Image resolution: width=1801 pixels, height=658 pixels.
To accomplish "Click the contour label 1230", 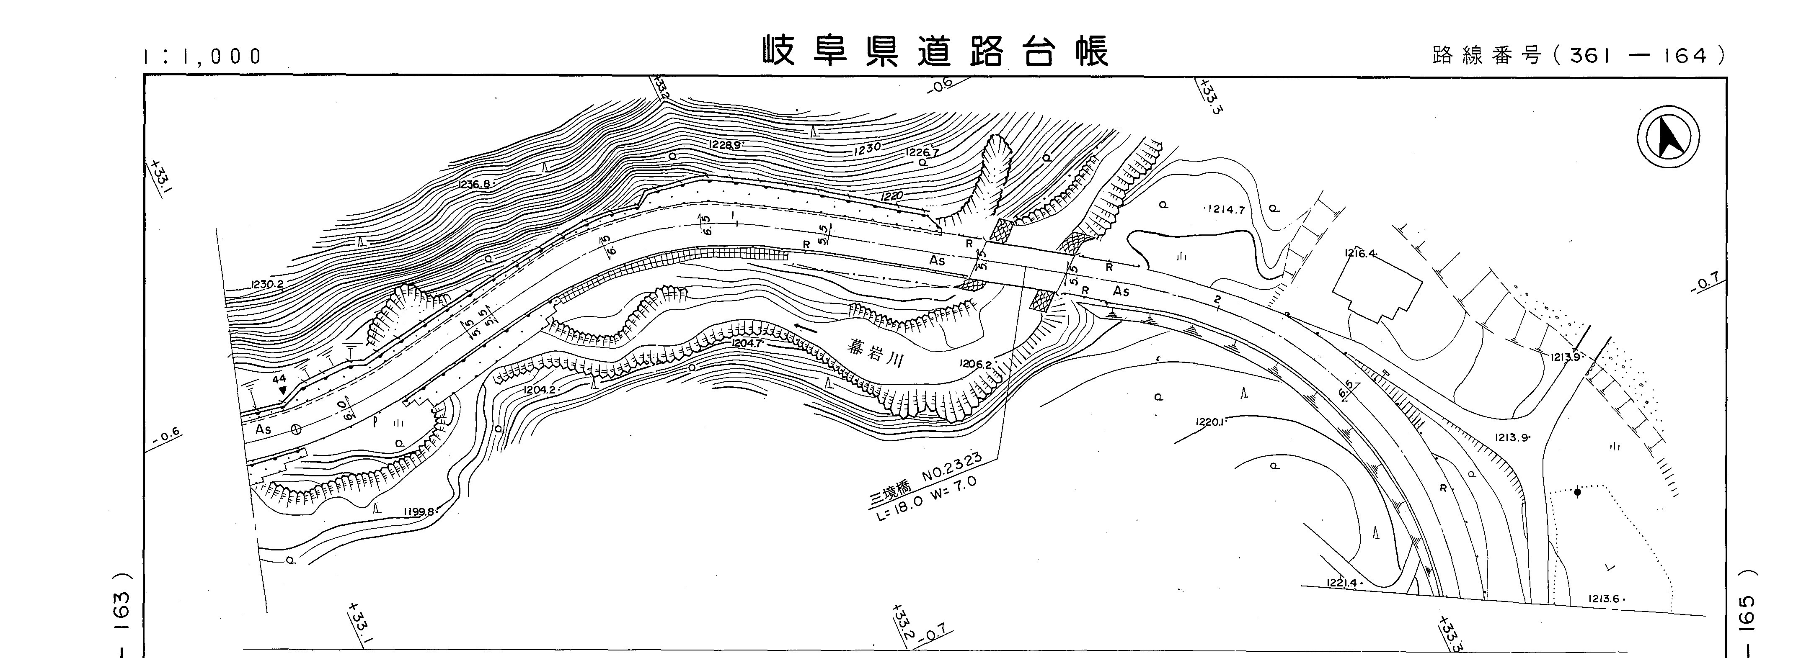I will pos(867,148).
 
